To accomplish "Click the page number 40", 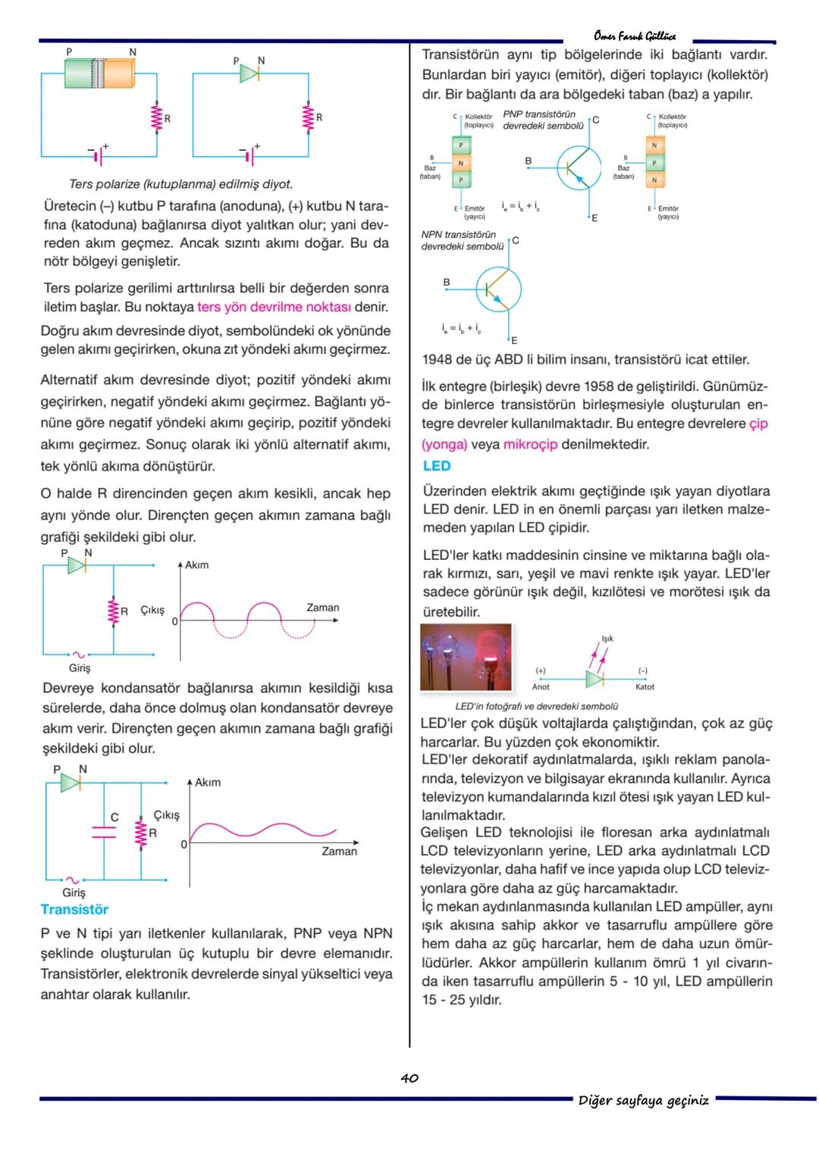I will tap(409, 1077).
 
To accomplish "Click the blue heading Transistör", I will tap(74, 909).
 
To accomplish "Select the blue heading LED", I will tap(437, 466).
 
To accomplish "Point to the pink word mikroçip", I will tap(530, 445).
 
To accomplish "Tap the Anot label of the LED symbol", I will tap(541, 686).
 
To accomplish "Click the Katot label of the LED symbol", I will tap(645, 686).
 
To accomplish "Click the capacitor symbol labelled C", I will tap(103, 832).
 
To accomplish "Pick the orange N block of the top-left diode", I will tap(118, 75).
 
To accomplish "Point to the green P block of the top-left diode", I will tap(78, 75).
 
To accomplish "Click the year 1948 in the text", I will tap(437, 360).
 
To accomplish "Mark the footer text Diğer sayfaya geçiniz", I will tap(644, 1100).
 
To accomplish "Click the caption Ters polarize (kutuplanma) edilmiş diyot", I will tap(180, 184).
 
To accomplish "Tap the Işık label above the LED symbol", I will tap(607, 638).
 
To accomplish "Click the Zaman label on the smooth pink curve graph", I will tap(339, 852).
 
